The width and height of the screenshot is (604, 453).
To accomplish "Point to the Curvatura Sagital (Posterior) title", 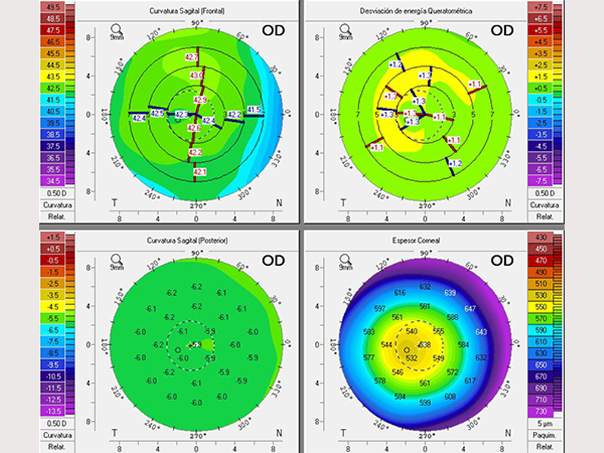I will tap(196, 239).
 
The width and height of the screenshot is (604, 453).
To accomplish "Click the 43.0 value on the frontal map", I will tap(196, 76).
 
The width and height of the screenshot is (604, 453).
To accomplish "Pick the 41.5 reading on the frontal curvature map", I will tap(254, 110).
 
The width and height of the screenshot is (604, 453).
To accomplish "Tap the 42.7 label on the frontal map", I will tap(191, 58).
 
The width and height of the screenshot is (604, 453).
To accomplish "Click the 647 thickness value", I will tap(470, 309).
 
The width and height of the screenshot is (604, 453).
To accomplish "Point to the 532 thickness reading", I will tap(411, 358).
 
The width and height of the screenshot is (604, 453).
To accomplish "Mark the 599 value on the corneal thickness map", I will tap(425, 403).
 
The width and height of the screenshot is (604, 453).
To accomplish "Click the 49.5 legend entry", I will tap(54, 7).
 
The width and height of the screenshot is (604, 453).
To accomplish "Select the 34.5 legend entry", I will tap(54, 181).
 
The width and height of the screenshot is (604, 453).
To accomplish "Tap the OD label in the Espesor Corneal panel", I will tap(502, 260).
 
